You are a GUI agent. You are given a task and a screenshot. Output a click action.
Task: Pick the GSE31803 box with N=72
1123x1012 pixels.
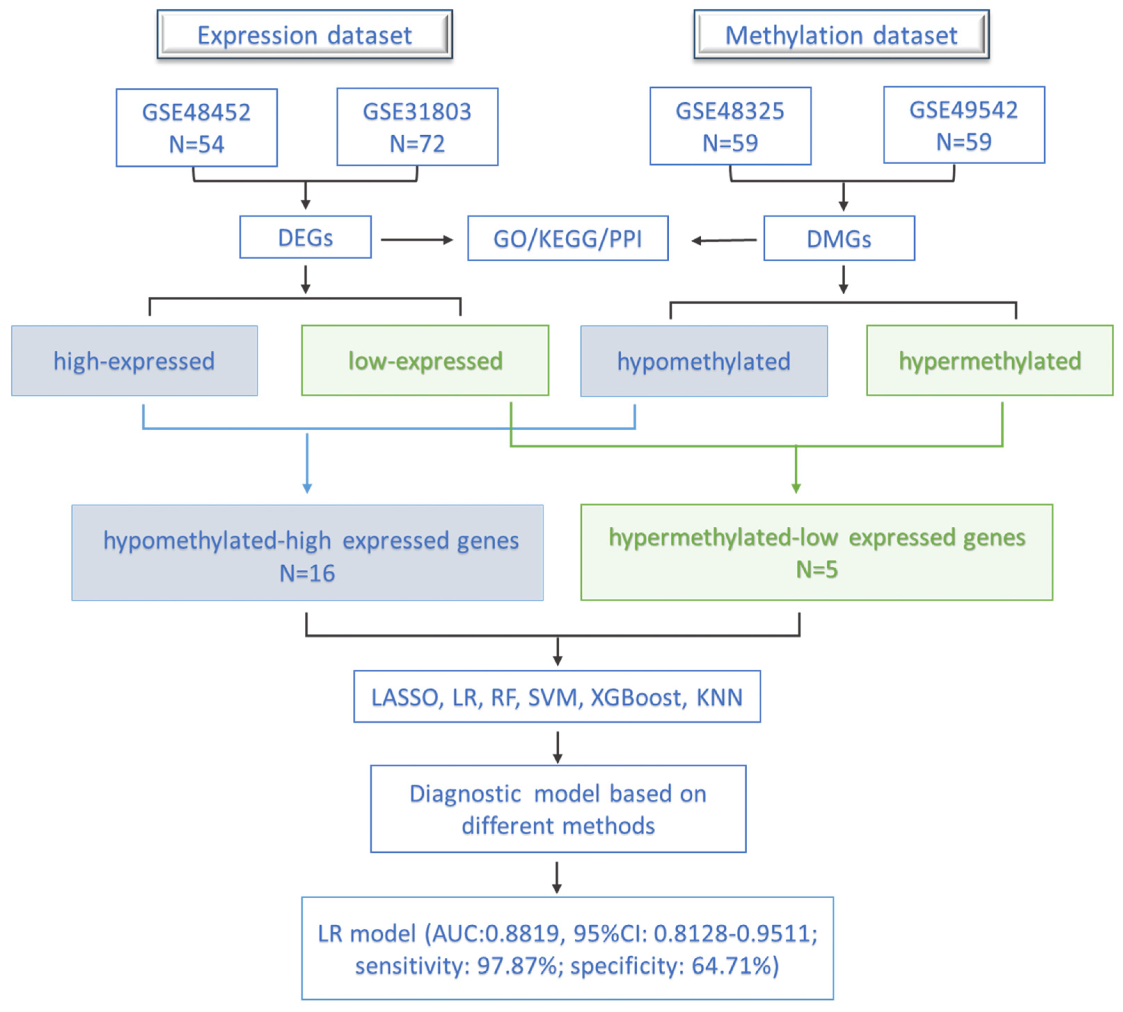tap(417, 127)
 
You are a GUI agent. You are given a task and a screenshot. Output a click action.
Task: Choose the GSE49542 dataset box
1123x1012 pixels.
tap(963, 125)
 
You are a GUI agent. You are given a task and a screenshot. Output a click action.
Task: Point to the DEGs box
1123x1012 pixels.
tap(305, 237)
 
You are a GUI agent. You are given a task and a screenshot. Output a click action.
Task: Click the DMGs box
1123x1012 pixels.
tap(838, 239)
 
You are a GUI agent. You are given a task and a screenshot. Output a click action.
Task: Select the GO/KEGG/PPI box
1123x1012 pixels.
tap(568, 239)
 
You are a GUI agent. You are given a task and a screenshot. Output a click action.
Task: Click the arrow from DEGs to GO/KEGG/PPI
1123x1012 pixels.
tap(417, 240)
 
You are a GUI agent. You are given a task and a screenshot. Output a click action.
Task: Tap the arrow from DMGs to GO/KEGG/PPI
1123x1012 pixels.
tap(724, 240)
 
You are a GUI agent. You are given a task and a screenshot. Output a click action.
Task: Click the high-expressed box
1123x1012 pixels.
tap(134, 361)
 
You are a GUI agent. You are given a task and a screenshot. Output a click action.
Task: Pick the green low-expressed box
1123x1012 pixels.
tap(425, 361)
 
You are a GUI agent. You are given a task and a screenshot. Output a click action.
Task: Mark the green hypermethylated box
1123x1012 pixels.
tap(989, 361)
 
